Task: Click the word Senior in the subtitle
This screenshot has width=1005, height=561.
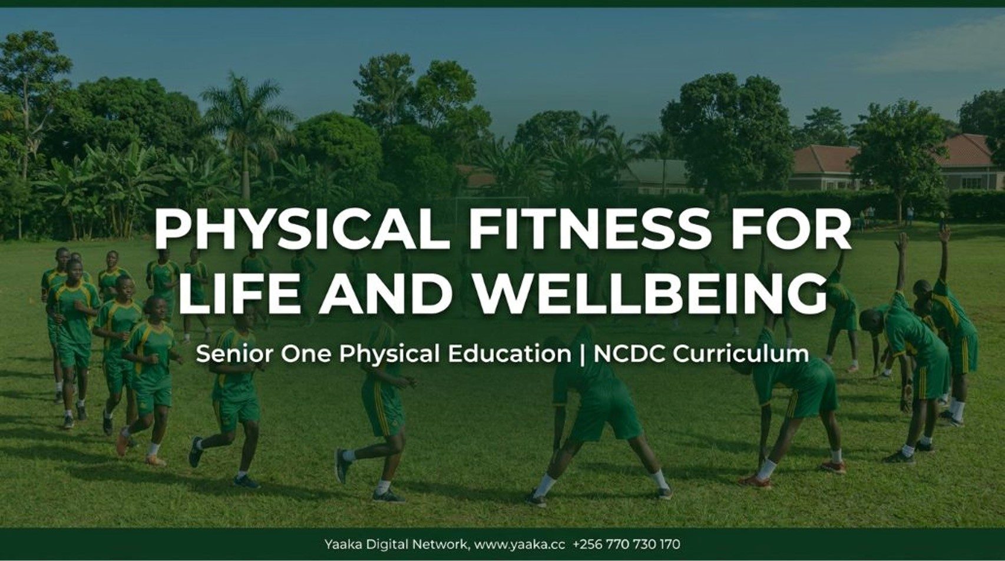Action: click(x=234, y=354)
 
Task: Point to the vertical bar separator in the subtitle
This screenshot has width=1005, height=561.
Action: click(x=583, y=354)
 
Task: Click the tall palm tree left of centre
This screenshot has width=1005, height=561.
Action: click(x=246, y=135)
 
